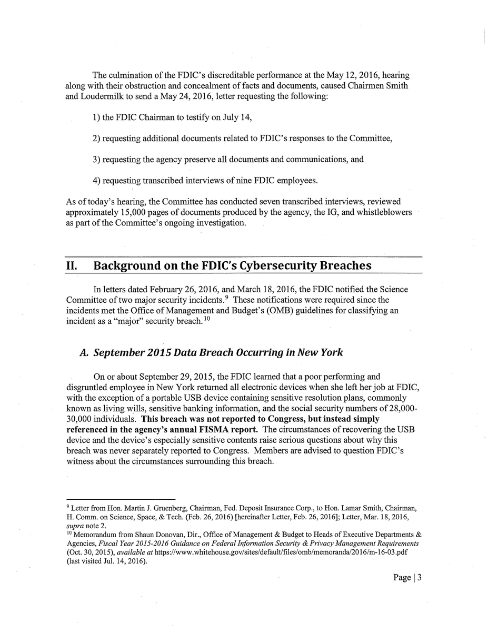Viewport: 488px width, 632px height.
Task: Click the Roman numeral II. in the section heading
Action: [x=71, y=265]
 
